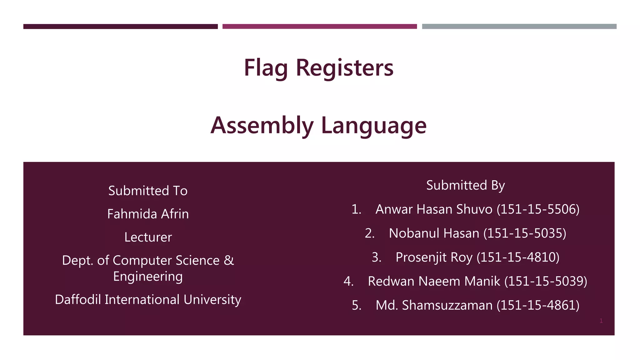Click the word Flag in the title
click(265, 68)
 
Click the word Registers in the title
click(344, 68)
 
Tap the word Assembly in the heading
click(262, 125)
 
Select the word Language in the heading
click(374, 125)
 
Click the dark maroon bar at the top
click(120, 27)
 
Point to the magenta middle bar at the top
click(319, 27)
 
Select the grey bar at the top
click(519, 27)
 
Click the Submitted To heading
click(148, 191)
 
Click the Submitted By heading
click(465, 185)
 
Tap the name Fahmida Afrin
click(148, 214)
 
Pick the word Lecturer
click(148, 237)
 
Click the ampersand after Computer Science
click(229, 260)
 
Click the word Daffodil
click(78, 299)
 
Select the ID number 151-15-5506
click(538, 209)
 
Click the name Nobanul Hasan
click(434, 233)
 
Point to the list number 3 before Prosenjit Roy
click(376, 257)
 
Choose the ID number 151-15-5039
click(546, 281)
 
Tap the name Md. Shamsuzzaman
click(434, 305)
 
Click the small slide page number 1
click(601, 321)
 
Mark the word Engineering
click(148, 277)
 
